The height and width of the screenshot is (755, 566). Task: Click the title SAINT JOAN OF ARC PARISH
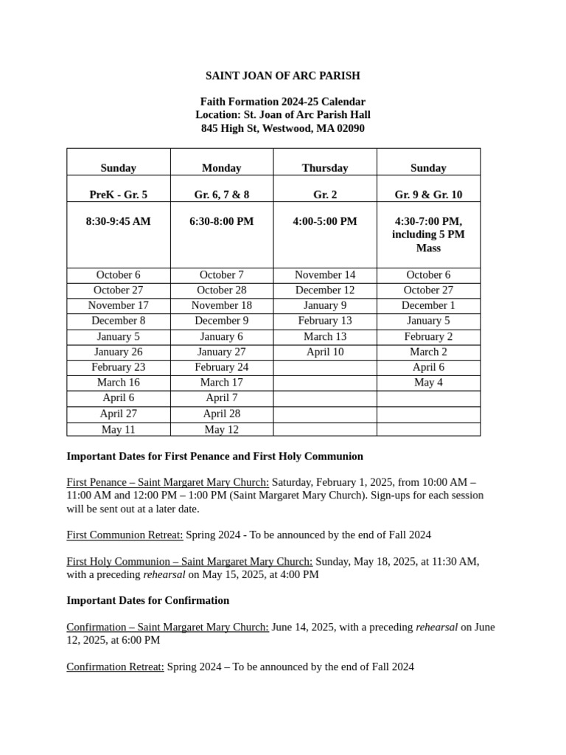pyautogui.click(x=282, y=76)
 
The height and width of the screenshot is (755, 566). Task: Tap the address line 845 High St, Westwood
pyautogui.click(x=282, y=128)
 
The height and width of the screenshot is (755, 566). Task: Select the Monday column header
pyautogui.click(x=222, y=168)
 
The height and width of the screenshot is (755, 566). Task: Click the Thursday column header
pyautogui.click(x=325, y=168)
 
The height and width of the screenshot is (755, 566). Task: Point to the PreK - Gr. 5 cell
pyautogui.click(x=119, y=195)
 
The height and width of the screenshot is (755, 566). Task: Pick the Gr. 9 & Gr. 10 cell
pyautogui.click(x=428, y=195)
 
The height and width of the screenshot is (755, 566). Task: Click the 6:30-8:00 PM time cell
pyautogui.click(x=222, y=221)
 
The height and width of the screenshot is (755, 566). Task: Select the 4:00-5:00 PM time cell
pyautogui.click(x=325, y=221)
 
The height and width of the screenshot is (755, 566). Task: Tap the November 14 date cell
pyautogui.click(x=325, y=275)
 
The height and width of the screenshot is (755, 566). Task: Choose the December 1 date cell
pyautogui.click(x=428, y=305)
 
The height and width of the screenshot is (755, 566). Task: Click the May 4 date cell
pyautogui.click(x=428, y=383)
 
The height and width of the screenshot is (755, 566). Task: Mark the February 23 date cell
pyautogui.click(x=119, y=367)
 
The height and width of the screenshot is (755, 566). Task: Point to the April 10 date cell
pyautogui.click(x=325, y=352)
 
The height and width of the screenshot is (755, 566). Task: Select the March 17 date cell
pyautogui.click(x=222, y=383)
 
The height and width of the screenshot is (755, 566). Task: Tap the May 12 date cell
pyautogui.click(x=222, y=429)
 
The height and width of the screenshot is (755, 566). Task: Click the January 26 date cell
pyautogui.click(x=119, y=352)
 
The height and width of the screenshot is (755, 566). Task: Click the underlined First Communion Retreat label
pyautogui.click(x=125, y=535)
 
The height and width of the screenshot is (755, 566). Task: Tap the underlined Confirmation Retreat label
pyautogui.click(x=115, y=667)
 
